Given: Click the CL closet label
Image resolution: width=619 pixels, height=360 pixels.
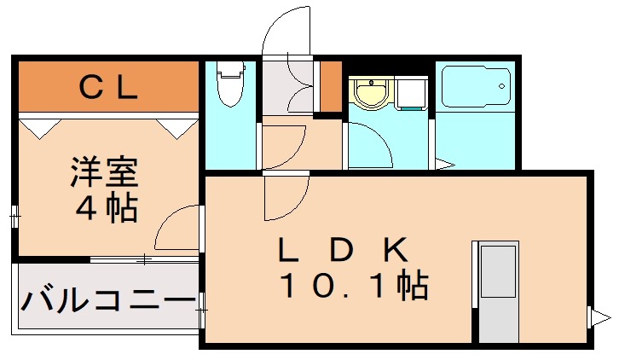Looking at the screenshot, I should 108,86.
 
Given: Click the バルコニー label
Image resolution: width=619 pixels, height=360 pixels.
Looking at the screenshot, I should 107,301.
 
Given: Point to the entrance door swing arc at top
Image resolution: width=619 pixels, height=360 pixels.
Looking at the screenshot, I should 286,34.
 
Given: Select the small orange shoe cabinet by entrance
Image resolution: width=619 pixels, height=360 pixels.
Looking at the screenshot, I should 330,87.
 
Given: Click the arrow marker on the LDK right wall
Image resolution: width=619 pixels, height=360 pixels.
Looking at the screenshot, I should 594,317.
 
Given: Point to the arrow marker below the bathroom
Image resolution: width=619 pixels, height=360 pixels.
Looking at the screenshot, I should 443,164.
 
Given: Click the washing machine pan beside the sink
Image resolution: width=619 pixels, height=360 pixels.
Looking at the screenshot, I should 414,95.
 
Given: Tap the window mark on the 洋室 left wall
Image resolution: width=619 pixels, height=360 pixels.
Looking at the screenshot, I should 14,217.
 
